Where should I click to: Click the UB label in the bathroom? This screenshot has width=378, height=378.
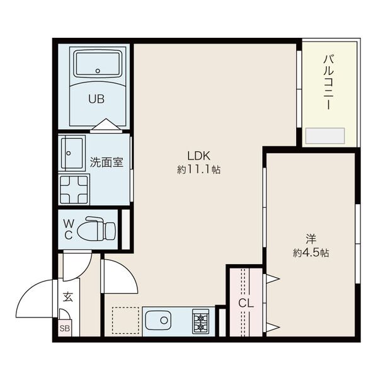click(x=96, y=99)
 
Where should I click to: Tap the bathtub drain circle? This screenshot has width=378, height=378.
click(x=98, y=71)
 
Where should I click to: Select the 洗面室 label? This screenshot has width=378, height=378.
click(x=106, y=163)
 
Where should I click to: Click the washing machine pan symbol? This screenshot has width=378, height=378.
click(x=74, y=190)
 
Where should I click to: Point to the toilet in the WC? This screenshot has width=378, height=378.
click(x=96, y=229)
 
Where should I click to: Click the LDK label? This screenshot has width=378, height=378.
click(x=199, y=156)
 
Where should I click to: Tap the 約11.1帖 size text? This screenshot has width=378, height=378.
click(x=199, y=169)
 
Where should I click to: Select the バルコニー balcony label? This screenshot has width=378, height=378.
click(x=329, y=82)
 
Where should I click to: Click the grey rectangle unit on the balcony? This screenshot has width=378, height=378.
click(x=325, y=135)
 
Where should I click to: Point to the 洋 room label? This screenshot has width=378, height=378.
click(x=311, y=239)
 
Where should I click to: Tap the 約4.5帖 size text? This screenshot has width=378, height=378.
click(x=311, y=253)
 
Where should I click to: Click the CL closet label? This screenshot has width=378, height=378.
click(x=246, y=303)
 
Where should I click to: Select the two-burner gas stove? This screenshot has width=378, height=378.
click(x=200, y=321)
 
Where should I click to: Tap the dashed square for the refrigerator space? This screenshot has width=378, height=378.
click(x=125, y=321)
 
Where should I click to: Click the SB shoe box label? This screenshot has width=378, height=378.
click(x=65, y=328)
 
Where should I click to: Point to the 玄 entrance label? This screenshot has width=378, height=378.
click(x=68, y=297)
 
